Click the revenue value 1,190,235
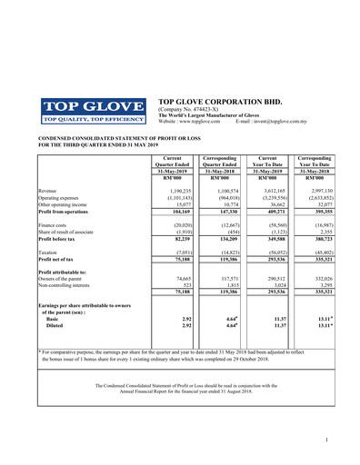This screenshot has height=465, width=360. coord(177,191)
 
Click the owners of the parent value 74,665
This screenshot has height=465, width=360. coord(179,277)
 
